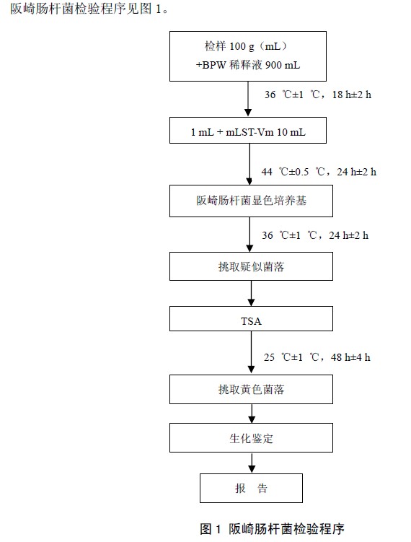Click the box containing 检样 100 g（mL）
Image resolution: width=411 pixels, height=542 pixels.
pyautogui.click(x=247, y=56)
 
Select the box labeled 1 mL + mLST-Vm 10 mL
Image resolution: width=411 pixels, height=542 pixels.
pyautogui.click(x=247, y=131)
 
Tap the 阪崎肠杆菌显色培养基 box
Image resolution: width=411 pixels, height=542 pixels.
pyautogui.click(x=251, y=201)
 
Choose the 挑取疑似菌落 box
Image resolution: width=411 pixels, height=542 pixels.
pyautogui.click(x=251, y=266)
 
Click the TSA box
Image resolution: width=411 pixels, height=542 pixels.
pyautogui.click(x=251, y=319)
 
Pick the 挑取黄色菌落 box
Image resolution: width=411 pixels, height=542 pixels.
pyautogui.click(x=251, y=390)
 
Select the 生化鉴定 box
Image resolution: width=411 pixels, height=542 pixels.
pyautogui.click(x=251, y=437)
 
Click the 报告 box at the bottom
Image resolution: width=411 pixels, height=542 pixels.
pyautogui.click(x=251, y=488)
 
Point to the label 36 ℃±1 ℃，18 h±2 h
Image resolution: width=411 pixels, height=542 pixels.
pyautogui.click(x=318, y=95)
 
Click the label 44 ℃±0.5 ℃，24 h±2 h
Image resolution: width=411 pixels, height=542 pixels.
pyautogui.click(x=319, y=172)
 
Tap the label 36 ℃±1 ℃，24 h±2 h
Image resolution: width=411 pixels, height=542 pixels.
pyautogui.click(x=315, y=235)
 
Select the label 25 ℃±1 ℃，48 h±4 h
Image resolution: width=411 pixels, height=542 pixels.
pyautogui.click(x=317, y=357)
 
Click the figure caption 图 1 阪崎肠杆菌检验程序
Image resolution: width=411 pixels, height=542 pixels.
pyautogui.click(x=272, y=529)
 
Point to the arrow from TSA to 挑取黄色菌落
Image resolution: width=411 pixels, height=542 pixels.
pyautogui.click(x=252, y=352)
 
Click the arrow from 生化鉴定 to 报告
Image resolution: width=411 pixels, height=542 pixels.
pyautogui.click(x=252, y=463)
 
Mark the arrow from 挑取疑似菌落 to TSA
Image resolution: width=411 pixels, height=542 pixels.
pyautogui.click(x=252, y=293)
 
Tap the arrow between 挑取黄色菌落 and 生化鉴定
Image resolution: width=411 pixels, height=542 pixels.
pyautogui.click(x=252, y=414)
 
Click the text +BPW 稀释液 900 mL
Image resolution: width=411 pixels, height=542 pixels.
pyautogui.click(x=247, y=65)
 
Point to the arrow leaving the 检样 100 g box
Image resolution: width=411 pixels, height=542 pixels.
pyautogui.click(x=248, y=99)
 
